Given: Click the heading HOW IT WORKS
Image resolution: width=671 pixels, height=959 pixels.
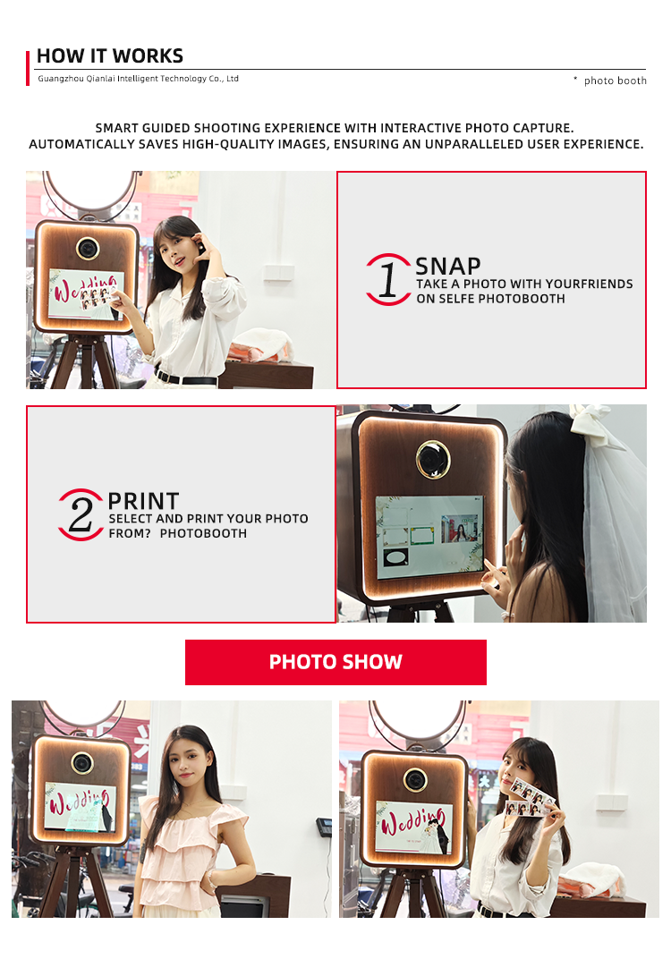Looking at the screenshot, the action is click(x=110, y=56).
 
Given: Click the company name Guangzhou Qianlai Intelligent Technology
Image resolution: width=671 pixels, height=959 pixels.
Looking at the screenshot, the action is click(x=122, y=79).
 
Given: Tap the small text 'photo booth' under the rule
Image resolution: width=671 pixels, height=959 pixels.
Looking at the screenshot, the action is click(x=615, y=81).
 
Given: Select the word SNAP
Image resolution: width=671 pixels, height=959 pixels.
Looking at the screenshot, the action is click(x=447, y=266).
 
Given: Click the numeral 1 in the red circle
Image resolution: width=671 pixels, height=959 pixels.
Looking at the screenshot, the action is click(x=387, y=280).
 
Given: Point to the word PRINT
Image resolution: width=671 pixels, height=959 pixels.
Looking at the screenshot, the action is click(x=143, y=501).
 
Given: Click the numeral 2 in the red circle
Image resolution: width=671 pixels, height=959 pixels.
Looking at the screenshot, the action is click(x=81, y=514).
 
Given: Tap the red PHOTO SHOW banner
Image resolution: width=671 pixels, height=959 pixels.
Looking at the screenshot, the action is click(x=335, y=662).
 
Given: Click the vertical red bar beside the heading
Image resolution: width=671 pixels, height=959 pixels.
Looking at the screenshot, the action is click(x=28, y=69).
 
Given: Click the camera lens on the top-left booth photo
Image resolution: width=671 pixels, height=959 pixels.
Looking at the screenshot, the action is click(x=88, y=249).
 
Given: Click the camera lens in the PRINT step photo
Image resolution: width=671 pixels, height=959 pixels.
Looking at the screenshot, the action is click(x=432, y=459).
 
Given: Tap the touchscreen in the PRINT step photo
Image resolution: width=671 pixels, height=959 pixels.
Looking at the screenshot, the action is click(x=429, y=537).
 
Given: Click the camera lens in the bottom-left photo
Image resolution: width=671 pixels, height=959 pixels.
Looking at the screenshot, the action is click(x=82, y=763).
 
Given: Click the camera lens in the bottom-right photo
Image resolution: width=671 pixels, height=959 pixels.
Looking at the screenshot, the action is click(x=415, y=780).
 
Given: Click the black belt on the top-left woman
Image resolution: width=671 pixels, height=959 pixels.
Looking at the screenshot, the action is click(x=186, y=378).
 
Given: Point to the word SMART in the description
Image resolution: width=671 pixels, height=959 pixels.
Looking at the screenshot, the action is click(x=116, y=129).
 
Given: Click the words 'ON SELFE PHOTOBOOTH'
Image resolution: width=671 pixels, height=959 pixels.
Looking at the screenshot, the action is click(x=490, y=299).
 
